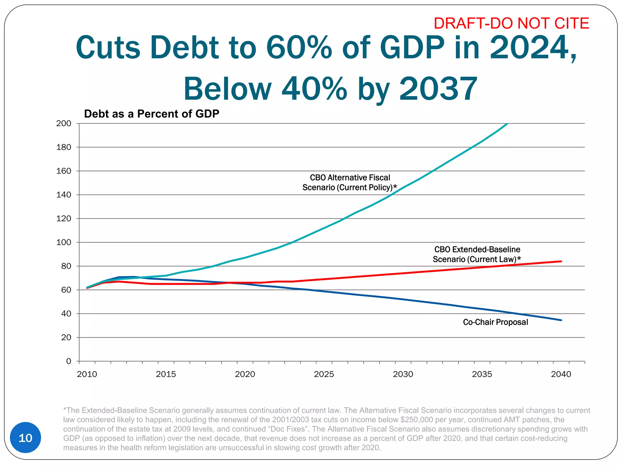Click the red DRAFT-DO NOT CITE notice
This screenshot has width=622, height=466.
click(x=511, y=23)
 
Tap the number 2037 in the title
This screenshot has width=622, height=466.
click(x=438, y=89)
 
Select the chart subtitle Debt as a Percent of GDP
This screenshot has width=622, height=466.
click(x=152, y=114)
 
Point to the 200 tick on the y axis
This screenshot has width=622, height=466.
click(x=63, y=123)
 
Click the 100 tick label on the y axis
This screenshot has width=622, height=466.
click(x=63, y=242)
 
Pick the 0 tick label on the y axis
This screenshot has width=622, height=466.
click(x=69, y=361)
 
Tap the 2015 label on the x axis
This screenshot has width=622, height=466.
click(x=166, y=374)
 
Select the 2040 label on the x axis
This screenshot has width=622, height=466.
click(x=561, y=374)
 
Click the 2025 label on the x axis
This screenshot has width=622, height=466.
click(x=324, y=374)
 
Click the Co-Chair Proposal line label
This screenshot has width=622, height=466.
click(x=495, y=322)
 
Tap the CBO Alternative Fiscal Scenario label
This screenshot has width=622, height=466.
click(x=350, y=182)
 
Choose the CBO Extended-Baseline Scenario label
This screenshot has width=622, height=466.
click(x=477, y=254)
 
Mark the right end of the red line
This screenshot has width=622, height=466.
click(x=561, y=261)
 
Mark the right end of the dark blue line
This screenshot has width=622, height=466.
click(x=561, y=320)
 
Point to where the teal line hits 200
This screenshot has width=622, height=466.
click(x=507, y=124)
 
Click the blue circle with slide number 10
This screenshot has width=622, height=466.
click(x=26, y=437)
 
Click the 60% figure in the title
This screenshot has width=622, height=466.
click(x=299, y=48)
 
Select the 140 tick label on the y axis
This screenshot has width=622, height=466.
click(x=63, y=195)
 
